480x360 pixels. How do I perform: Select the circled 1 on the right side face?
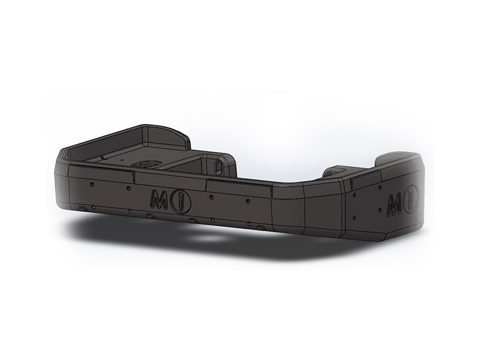click(x=412, y=201)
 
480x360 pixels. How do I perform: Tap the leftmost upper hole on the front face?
click(x=92, y=184)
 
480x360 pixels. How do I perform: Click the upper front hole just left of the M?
click(x=129, y=188)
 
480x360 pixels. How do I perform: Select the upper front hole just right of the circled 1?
click(x=211, y=197)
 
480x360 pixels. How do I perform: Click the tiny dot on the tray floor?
click(x=122, y=160)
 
